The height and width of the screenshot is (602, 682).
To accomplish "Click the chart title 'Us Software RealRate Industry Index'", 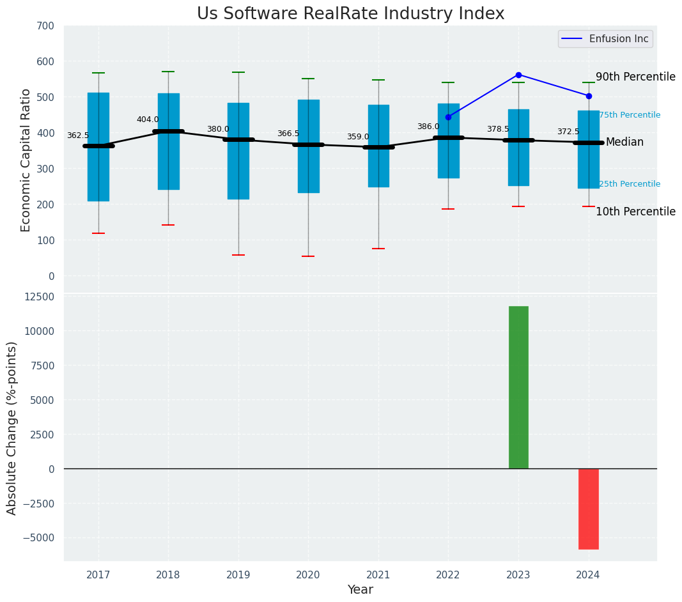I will point(350,14).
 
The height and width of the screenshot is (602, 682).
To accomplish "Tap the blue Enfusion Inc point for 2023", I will point(518,75).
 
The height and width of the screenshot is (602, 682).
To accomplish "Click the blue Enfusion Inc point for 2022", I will point(448,117).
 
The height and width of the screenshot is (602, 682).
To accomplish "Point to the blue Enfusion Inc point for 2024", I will point(589,96).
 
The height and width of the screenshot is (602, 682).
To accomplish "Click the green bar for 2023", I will point(518,387).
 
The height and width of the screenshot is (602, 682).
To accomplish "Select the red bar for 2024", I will point(589,509).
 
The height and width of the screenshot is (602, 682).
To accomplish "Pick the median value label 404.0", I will point(148,120).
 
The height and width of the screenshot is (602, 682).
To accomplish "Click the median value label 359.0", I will point(358,137).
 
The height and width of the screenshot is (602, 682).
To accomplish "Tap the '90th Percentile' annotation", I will point(635,77).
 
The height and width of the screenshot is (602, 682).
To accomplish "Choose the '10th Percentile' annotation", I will point(635,212).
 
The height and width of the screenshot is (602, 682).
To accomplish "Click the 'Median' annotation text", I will point(624,142).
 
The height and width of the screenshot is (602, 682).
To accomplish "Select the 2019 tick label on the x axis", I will point(238,575).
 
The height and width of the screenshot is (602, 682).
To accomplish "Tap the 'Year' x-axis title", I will point(360,590).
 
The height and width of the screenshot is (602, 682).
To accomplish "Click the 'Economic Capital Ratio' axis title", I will point(26,160).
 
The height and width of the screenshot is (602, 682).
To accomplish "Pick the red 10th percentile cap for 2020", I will point(308,256).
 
